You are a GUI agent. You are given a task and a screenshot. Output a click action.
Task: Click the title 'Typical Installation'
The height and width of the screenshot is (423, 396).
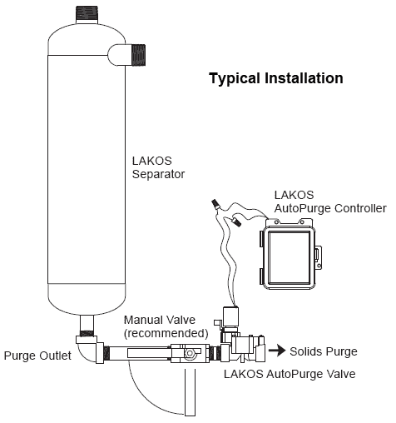(275, 79)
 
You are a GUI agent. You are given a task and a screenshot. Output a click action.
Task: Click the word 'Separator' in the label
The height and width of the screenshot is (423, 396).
(158, 175)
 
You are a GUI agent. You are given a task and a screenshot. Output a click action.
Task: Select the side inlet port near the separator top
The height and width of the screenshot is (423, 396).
(126, 55)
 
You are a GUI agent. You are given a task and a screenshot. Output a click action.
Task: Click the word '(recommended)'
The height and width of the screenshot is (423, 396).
(165, 332)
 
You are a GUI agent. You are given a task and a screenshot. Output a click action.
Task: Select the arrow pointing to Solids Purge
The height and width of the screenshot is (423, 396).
(275, 351)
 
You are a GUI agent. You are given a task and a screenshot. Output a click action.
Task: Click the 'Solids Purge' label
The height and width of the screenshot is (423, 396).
(323, 351)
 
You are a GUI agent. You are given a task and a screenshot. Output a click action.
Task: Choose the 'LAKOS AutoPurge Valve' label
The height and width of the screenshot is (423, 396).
(289, 375)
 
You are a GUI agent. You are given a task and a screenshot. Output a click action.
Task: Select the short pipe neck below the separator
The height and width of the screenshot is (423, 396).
(87, 324)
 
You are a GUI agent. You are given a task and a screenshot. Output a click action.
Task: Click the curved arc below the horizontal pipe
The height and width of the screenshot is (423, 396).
(141, 396)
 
